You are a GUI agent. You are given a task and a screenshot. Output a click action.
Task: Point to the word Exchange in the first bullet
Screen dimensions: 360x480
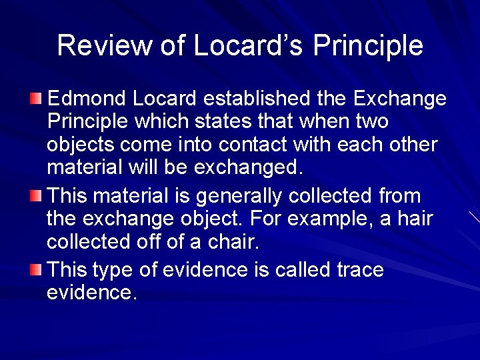click(399, 100)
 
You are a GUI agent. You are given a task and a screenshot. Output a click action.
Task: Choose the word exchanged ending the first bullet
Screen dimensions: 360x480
click(249, 168)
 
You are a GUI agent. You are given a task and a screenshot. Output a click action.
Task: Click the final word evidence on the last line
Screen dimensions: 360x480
click(92, 293)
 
